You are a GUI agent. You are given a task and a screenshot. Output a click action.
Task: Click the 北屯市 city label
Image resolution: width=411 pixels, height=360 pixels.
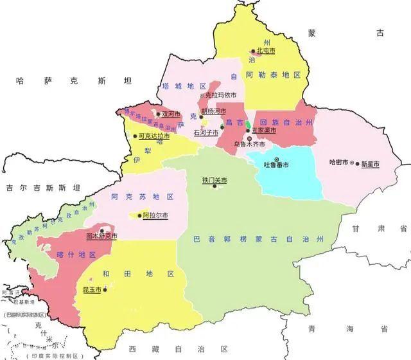266,50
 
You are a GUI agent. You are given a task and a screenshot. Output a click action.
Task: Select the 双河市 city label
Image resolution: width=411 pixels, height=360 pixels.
171,114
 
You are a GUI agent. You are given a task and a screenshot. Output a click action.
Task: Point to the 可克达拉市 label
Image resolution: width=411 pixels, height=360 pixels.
154,136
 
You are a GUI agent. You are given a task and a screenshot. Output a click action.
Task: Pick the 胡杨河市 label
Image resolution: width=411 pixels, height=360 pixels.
213,111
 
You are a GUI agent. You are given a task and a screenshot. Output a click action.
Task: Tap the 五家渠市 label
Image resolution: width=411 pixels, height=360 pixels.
263,130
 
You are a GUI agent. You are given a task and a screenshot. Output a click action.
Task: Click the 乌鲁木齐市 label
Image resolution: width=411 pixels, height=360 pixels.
249,145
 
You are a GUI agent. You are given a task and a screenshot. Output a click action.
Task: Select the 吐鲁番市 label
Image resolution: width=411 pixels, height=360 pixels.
277,165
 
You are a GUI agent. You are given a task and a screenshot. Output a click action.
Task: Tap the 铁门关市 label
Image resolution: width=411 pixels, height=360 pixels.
214,181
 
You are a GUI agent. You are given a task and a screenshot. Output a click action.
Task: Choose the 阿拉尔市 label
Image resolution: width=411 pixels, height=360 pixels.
155,215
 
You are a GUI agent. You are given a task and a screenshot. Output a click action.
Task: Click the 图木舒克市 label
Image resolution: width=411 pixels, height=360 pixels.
101,236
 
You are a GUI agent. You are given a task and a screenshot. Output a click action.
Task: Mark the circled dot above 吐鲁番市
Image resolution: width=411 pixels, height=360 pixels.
277,159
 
